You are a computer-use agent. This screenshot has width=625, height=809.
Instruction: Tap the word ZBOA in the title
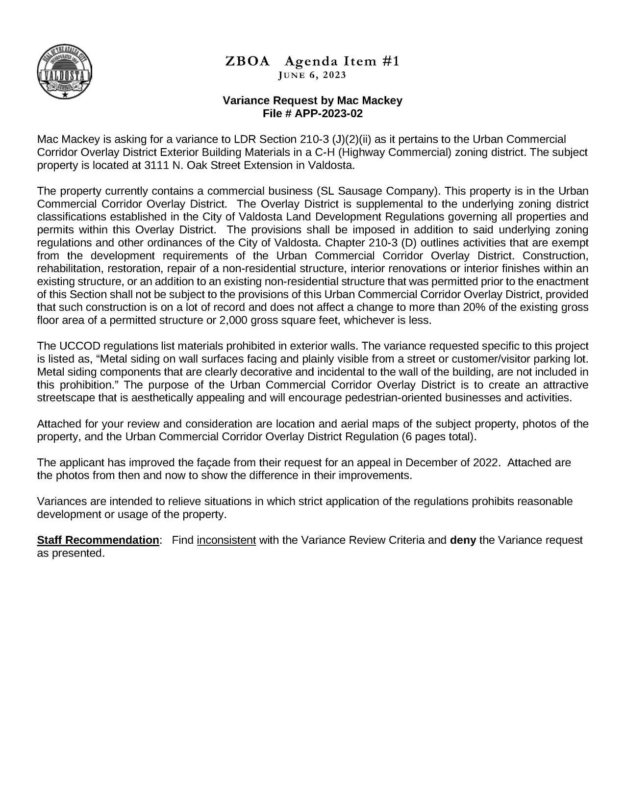point(248,61)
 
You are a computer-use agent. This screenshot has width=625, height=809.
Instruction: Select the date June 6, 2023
point(312,75)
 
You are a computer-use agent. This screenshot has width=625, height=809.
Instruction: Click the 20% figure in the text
point(471,307)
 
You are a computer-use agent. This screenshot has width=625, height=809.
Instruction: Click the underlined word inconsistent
point(226,540)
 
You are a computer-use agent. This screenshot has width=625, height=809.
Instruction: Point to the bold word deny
point(463,540)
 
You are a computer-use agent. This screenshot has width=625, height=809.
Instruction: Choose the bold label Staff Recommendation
point(98,540)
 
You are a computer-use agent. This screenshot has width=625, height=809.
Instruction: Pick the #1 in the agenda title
point(390,61)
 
